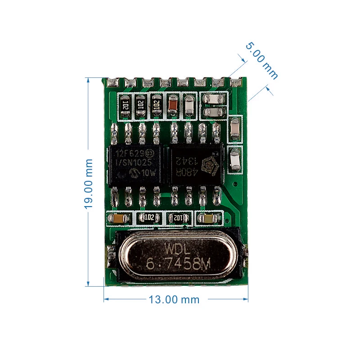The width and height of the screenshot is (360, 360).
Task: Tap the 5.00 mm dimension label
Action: [x=261, y=61]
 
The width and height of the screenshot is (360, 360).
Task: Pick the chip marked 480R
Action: [x=195, y=165]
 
